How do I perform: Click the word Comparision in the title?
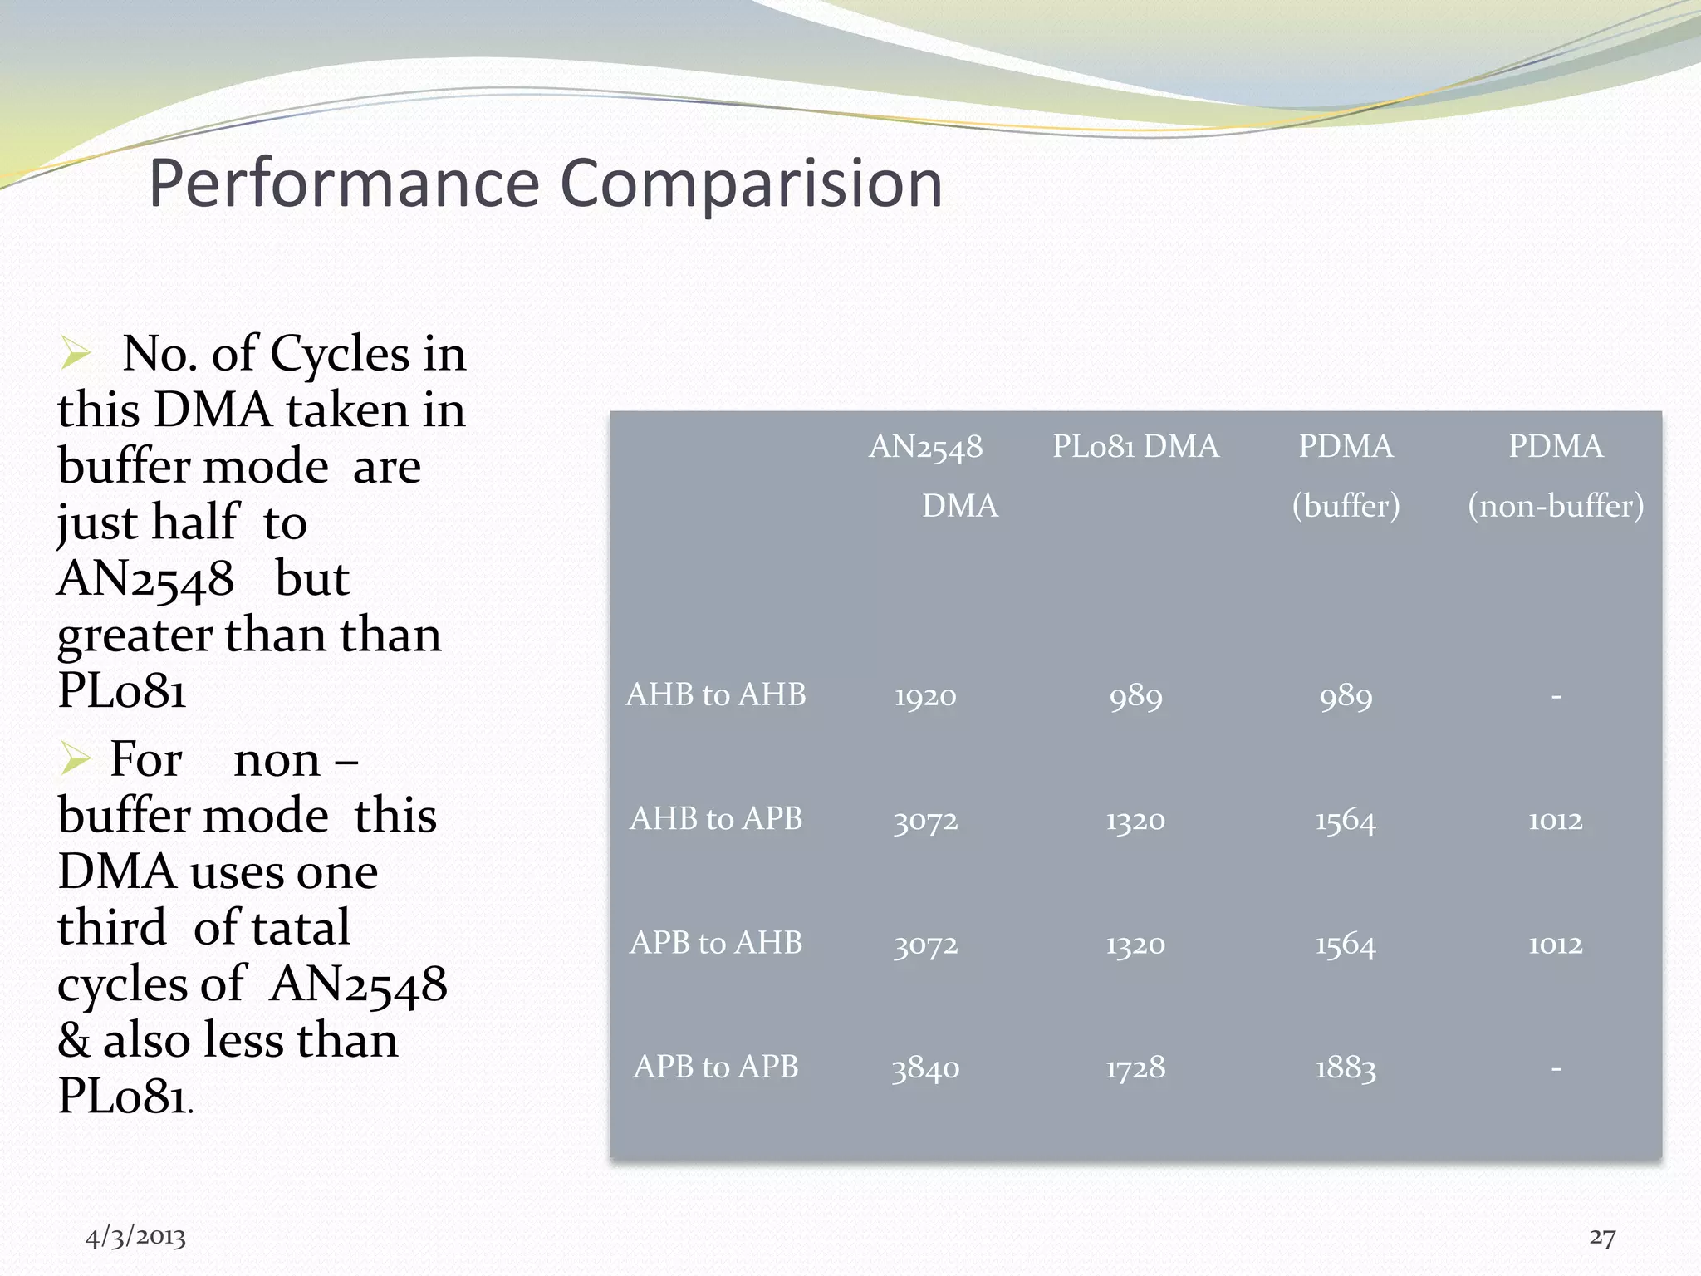point(752,184)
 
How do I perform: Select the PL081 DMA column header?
point(1135,447)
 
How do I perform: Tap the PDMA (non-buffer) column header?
point(1556,476)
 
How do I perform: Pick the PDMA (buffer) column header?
point(1346,476)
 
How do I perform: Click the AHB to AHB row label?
point(715,694)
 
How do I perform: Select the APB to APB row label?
point(715,1067)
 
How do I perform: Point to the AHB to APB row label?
point(715,819)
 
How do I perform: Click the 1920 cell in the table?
point(925,696)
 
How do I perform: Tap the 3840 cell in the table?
point(925,1068)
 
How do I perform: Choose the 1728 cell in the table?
point(1135,1068)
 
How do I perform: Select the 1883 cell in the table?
point(1346,1068)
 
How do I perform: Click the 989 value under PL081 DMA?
point(1135,696)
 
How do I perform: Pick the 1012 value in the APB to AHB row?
point(1556,945)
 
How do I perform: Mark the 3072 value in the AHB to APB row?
point(925,821)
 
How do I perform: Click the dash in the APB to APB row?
point(1556,1068)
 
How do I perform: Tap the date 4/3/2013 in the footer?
point(135,1237)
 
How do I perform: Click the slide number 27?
point(1602,1237)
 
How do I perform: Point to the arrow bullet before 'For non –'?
point(75,758)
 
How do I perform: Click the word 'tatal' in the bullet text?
point(301,928)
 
